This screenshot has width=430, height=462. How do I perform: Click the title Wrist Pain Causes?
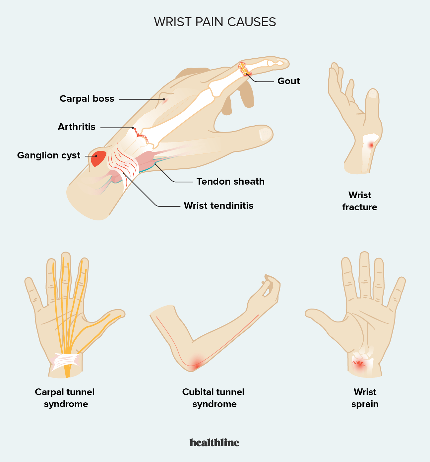pos(215,22)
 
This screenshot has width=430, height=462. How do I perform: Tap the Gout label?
pos(288,81)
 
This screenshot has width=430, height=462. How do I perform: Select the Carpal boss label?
pos(87,99)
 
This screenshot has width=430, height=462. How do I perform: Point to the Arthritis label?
pos(77,127)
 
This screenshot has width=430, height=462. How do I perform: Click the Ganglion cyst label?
pos(49,155)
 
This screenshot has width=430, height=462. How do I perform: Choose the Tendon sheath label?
pos(230,181)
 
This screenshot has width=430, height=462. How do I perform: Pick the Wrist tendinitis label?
pos(218,205)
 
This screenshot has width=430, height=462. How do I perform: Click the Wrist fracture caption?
pos(359,201)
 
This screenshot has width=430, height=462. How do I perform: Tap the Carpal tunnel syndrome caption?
pos(65,398)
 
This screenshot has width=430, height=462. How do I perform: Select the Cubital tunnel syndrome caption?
pos(213,398)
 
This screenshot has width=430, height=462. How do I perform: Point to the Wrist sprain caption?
pos(365,398)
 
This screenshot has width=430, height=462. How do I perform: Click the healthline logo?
pos(215,442)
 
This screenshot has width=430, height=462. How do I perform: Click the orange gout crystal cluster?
pos(244,69)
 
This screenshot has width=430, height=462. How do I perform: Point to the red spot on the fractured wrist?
pos(371,145)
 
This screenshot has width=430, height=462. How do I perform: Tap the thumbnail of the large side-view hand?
pos(266,134)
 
